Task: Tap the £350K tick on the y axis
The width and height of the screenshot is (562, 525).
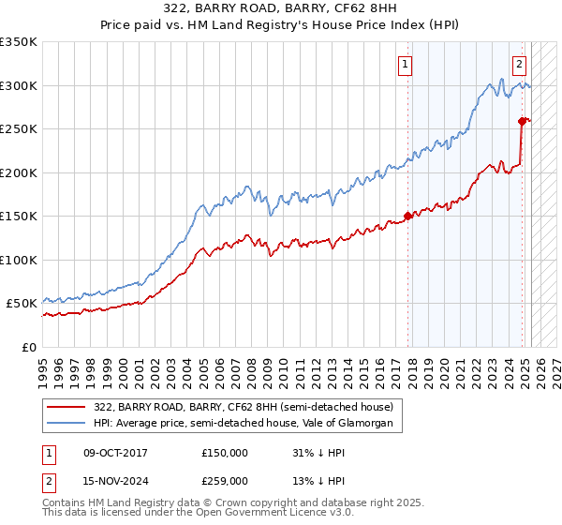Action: tap(19, 42)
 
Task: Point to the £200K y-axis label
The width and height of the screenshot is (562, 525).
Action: tap(19, 172)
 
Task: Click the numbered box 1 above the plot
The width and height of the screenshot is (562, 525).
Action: tap(405, 65)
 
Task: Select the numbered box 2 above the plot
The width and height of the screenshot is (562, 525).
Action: tap(519, 65)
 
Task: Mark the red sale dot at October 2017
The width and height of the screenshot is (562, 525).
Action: tap(407, 216)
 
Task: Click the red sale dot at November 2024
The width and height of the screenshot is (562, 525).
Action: tap(522, 120)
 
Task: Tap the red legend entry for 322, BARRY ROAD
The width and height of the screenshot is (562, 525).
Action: tap(247, 407)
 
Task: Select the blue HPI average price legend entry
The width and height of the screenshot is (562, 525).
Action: tap(247, 424)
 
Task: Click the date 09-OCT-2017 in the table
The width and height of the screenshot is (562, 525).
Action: tap(115, 453)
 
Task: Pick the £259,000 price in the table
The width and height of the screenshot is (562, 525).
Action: tap(224, 481)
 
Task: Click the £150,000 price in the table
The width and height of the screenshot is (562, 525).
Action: tap(224, 453)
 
